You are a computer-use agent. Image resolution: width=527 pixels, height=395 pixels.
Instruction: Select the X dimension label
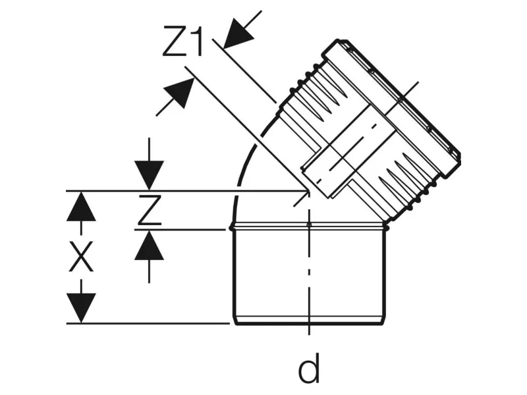pos(81,259)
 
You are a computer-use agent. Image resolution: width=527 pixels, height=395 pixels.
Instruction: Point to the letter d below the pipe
pos(308,369)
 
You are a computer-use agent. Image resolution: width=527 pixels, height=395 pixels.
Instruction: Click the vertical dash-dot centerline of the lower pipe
pos(308,276)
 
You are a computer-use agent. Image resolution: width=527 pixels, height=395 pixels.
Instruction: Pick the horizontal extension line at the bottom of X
pos(152,323)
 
